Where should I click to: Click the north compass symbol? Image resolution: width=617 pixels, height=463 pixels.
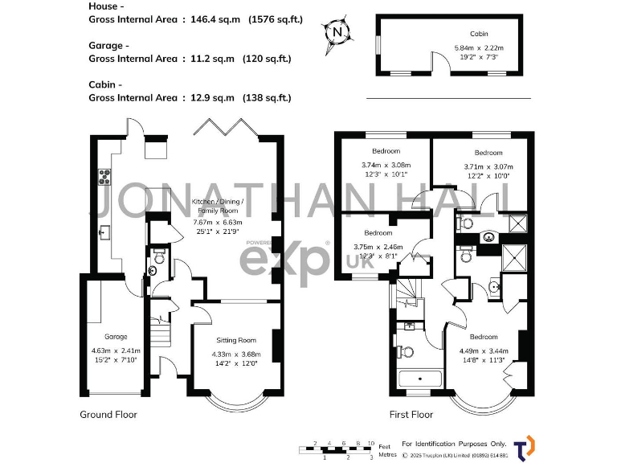(338, 33)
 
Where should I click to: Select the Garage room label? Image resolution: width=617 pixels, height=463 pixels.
(116, 336)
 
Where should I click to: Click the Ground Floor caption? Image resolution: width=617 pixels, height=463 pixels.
(108, 415)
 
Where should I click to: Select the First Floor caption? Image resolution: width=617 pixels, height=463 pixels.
(411, 415)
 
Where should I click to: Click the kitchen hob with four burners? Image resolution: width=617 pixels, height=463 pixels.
(104, 176)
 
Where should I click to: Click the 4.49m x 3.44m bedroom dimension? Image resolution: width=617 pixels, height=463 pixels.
(483, 350)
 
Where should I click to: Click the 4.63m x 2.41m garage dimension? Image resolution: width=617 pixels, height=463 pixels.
(116, 350)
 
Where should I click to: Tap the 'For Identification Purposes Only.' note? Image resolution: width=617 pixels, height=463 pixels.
(454, 444)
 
